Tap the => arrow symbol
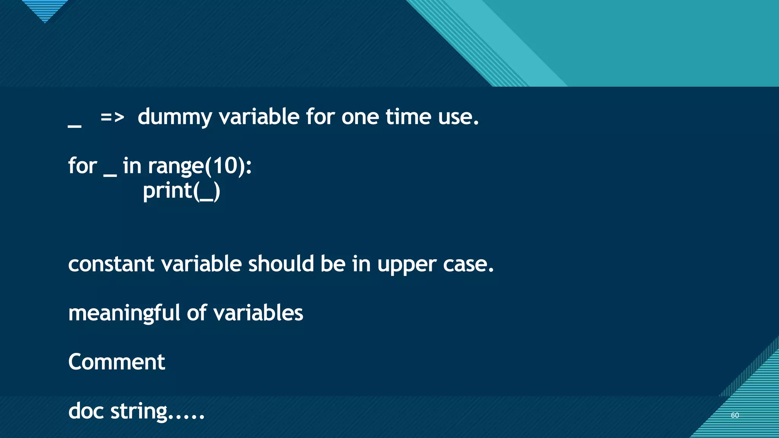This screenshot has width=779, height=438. click(112, 117)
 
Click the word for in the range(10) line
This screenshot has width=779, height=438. click(83, 166)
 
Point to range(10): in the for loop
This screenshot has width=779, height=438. click(200, 167)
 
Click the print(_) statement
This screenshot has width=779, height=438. click(181, 191)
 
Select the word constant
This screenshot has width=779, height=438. click(111, 264)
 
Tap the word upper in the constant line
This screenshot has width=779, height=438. click(407, 265)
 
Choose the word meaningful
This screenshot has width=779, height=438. click(124, 313)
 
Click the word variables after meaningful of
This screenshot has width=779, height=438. click(258, 313)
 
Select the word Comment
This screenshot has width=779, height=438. click(116, 362)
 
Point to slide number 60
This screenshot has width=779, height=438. click(735, 415)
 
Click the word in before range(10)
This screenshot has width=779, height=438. click(132, 166)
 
